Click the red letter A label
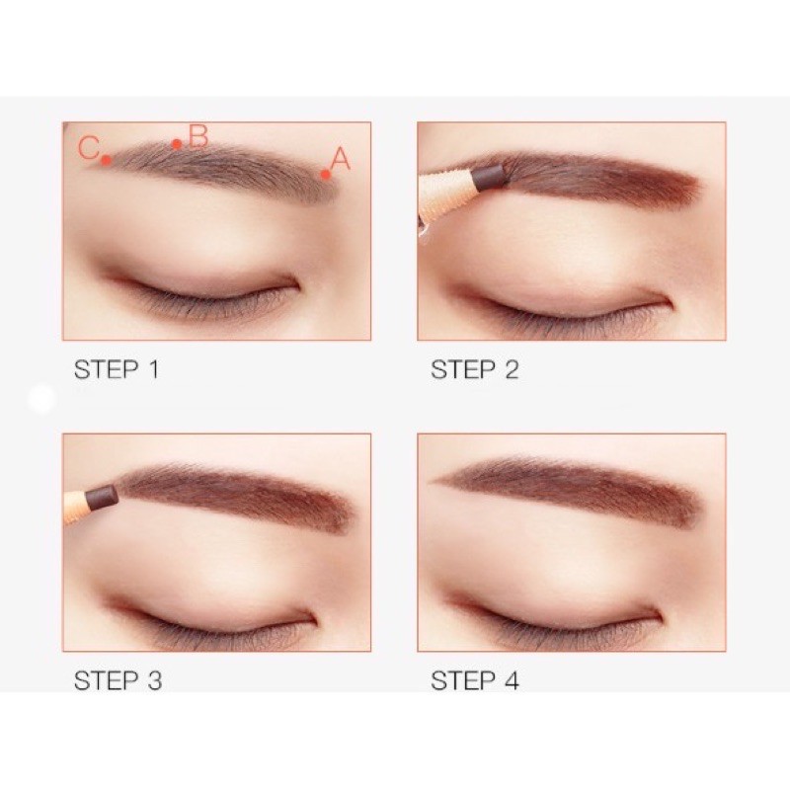pyautogui.click(x=340, y=158)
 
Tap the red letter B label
pyautogui.click(x=198, y=136)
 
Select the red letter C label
pyautogui.click(x=89, y=147)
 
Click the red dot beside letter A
pyautogui.click(x=326, y=175)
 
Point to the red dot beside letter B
pyautogui.click(x=177, y=144)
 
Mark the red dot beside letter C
pyautogui.click(x=106, y=160)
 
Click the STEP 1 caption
pyautogui.click(x=117, y=369)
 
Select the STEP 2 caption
pyautogui.click(x=475, y=369)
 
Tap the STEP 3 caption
pyautogui.click(x=118, y=680)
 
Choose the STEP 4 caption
pyautogui.click(x=475, y=680)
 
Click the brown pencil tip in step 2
pyautogui.click(x=488, y=176)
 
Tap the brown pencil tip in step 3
pyautogui.click(x=102, y=497)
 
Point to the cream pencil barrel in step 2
pyautogui.click(x=447, y=197)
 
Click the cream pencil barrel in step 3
pyautogui.click(x=76, y=508)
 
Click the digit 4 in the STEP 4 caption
pyautogui.click(x=512, y=680)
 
